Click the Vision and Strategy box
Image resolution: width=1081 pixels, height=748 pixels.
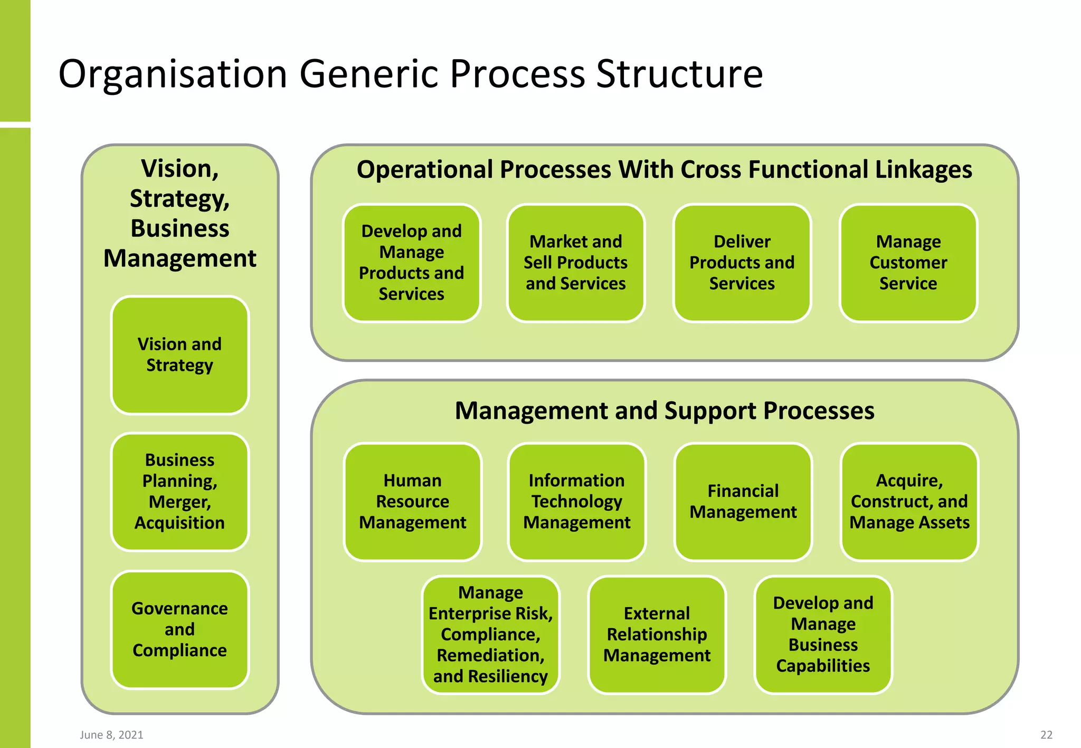click(x=179, y=355)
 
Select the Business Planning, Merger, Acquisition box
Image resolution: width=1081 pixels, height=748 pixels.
click(x=179, y=492)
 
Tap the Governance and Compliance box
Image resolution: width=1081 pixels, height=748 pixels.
click(x=179, y=629)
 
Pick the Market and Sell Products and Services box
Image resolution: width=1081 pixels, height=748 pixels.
click(x=575, y=263)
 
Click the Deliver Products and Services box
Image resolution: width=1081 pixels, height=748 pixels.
click(x=742, y=263)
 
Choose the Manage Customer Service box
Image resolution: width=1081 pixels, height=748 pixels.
click(x=908, y=263)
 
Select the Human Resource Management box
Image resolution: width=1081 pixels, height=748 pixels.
click(x=412, y=502)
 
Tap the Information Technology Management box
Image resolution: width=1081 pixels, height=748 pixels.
click(x=576, y=502)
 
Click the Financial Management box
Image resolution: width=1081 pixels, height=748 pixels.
click(x=743, y=502)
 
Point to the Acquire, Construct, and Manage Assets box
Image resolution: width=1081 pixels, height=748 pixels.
click(x=909, y=502)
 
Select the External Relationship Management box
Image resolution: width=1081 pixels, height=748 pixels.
click(x=657, y=635)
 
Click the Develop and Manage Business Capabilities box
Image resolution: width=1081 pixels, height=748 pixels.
click(x=823, y=635)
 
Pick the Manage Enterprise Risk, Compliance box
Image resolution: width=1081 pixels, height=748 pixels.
click(x=490, y=635)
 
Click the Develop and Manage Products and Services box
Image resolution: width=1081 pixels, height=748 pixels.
click(x=411, y=263)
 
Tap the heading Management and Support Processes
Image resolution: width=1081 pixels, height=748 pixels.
click(x=665, y=410)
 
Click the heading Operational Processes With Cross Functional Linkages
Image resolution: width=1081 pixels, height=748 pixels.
click(x=664, y=170)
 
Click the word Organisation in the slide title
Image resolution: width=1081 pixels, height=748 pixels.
click(x=173, y=74)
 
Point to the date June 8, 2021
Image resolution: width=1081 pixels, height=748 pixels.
click(x=111, y=735)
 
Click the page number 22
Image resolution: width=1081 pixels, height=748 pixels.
click(x=1046, y=735)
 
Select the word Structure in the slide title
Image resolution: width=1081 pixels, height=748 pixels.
click(x=679, y=74)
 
